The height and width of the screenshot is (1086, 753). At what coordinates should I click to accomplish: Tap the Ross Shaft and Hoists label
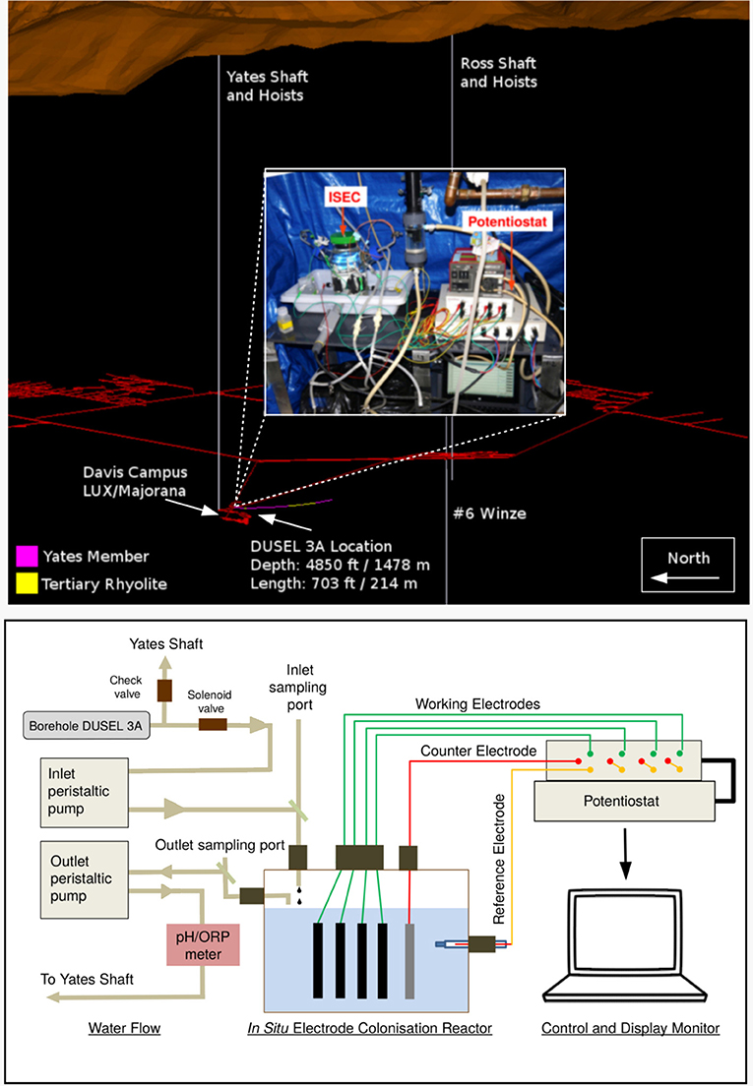tap(499, 73)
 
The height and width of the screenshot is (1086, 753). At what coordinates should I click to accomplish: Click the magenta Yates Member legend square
tap(27, 557)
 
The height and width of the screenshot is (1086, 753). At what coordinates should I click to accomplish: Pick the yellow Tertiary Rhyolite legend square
tap(27, 583)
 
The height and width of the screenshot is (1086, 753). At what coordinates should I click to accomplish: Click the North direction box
tap(688, 568)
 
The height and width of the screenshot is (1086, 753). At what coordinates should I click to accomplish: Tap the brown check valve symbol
tap(164, 691)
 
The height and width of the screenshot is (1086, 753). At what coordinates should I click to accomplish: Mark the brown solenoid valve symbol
tap(213, 726)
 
